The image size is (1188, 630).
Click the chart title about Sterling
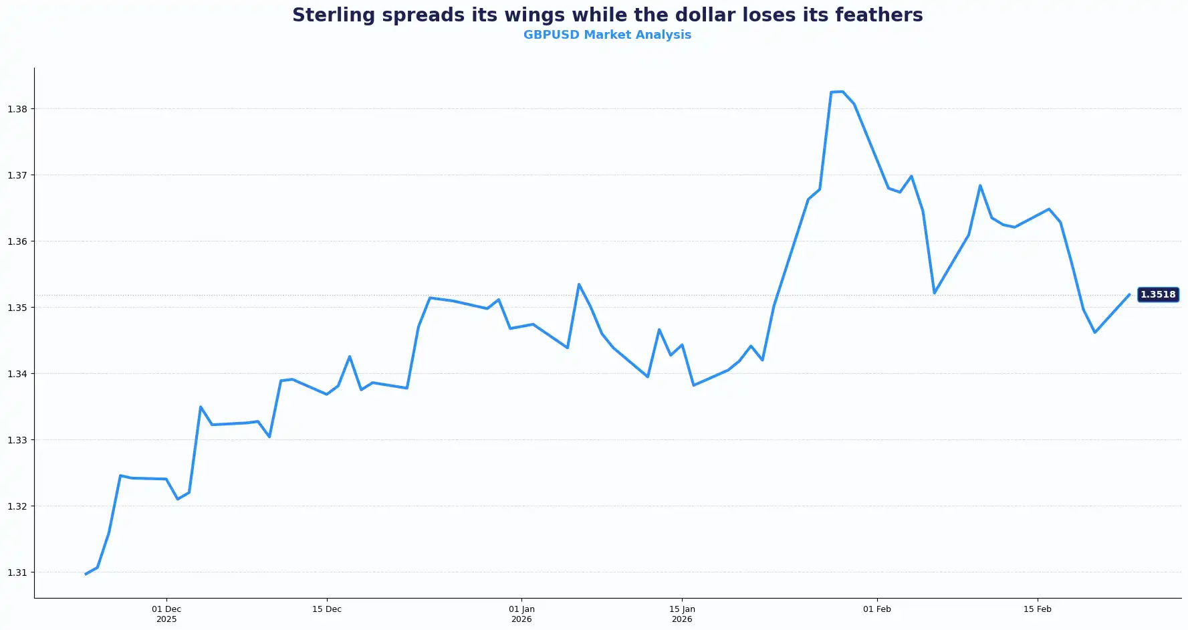(x=607, y=15)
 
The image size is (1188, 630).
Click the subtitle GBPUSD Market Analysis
(x=607, y=35)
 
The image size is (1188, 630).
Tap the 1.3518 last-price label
(x=1158, y=294)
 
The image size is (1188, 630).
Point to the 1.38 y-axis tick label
(x=17, y=109)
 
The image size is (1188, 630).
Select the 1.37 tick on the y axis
(x=17, y=175)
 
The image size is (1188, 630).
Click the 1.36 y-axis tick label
(x=17, y=241)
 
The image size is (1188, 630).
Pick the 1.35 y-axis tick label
(x=17, y=308)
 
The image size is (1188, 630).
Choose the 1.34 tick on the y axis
(x=17, y=374)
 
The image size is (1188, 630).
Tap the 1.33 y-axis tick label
(x=17, y=440)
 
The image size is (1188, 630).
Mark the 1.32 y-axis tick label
(x=17, y=506)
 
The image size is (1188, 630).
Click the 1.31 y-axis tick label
(x=17, y=572)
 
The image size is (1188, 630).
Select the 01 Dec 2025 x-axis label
(x=166, y=614)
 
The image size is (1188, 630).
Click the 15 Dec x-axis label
(x=327, y=609)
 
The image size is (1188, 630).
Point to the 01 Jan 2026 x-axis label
(x=521, y=614)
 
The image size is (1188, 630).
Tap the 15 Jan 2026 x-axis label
(x=682, y=614)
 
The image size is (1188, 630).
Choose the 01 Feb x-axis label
(x=877, y=609)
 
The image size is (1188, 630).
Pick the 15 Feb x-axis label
(x=1038, y=609)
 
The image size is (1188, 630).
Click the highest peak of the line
(x=842, y=92)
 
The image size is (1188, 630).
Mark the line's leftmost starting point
(x=86, y=574)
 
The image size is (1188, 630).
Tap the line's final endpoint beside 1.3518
(x=1129, y=294)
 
